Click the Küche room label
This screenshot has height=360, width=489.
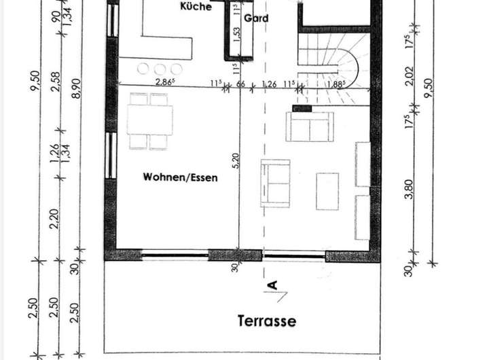click(x=196, y=7)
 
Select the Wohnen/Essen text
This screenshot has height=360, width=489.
click(x=180, y=178)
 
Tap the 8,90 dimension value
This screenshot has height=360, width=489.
click(x=75, y=88)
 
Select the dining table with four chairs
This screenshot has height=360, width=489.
click(x=149, y=122)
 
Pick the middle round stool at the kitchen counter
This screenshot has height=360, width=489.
click(x=160, y=68)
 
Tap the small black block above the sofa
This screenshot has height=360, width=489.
click(x=301, y=107)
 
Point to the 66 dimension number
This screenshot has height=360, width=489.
click(x=240, y=84)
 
